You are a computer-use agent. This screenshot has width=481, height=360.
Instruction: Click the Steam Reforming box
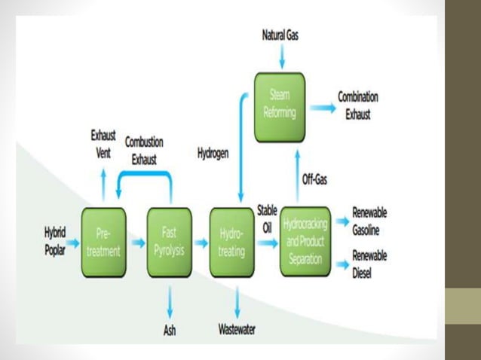coord(279,106)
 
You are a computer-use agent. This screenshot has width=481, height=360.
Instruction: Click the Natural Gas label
coord(280,35)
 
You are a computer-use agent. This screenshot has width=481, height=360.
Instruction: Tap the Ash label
coord(170,329)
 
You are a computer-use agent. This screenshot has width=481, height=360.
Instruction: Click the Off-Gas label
coord(314,180)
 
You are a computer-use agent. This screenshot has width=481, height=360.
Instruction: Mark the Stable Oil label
coord(268,216)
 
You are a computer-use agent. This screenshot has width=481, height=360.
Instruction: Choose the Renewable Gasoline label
coord(369,221)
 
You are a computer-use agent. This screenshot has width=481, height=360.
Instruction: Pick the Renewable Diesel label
coord(369,264)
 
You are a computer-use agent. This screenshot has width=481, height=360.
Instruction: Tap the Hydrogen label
coord(213,154)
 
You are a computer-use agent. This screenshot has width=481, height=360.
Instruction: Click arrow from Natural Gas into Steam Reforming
coord(280,56)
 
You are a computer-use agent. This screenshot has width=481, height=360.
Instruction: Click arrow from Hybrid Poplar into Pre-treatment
coord(73,243)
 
